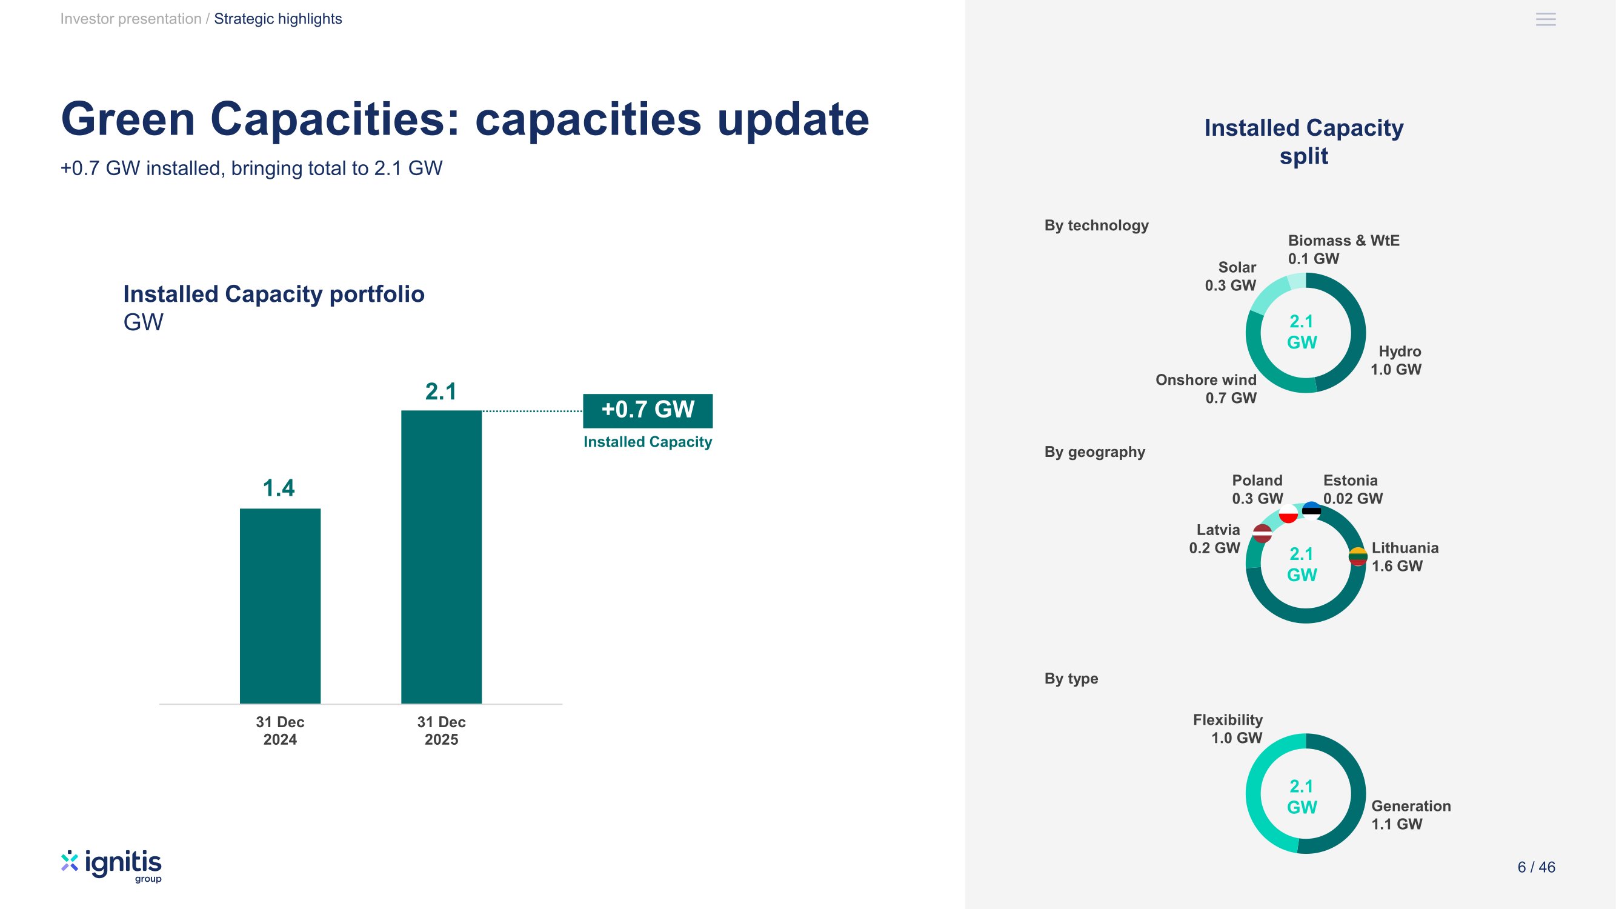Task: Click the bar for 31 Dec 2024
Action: pyautogui.click(x=280, y=605)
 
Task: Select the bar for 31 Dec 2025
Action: pyautogui.click(x=441, y=556)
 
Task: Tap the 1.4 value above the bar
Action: pyautogui.click(x=279, y=488)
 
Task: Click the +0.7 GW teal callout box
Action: pyautogui.click(x=647, y=410)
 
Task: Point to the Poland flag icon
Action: pyautogui.click(x=1288, y=514)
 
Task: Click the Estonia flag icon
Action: pyautogui.click(x=1311, y=510)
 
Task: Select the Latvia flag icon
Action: pyautogui.click(x=1262, y=533)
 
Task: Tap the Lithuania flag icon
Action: pyautogui.click(x=1357, y=556)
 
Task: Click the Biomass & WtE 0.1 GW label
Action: pyautogui.click(x=1343, y=250)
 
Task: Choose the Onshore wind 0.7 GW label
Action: pyautogui.click(x=1206, y=389)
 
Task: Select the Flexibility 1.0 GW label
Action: pyautogui.click(x=1227, y=729)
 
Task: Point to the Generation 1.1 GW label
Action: pyautogui.click(x=1410, y=815)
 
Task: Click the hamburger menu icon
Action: pyautogui.click(x=1545, y=19)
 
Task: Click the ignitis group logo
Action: pyautogui.click(x=111, y=867)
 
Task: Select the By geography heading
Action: pyautogui.click(x=1094, y=452)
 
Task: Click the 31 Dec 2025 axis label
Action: pyautogui.click(x=441, y=731)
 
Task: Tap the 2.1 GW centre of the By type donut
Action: pyautogui.click(x=1302, y=797)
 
